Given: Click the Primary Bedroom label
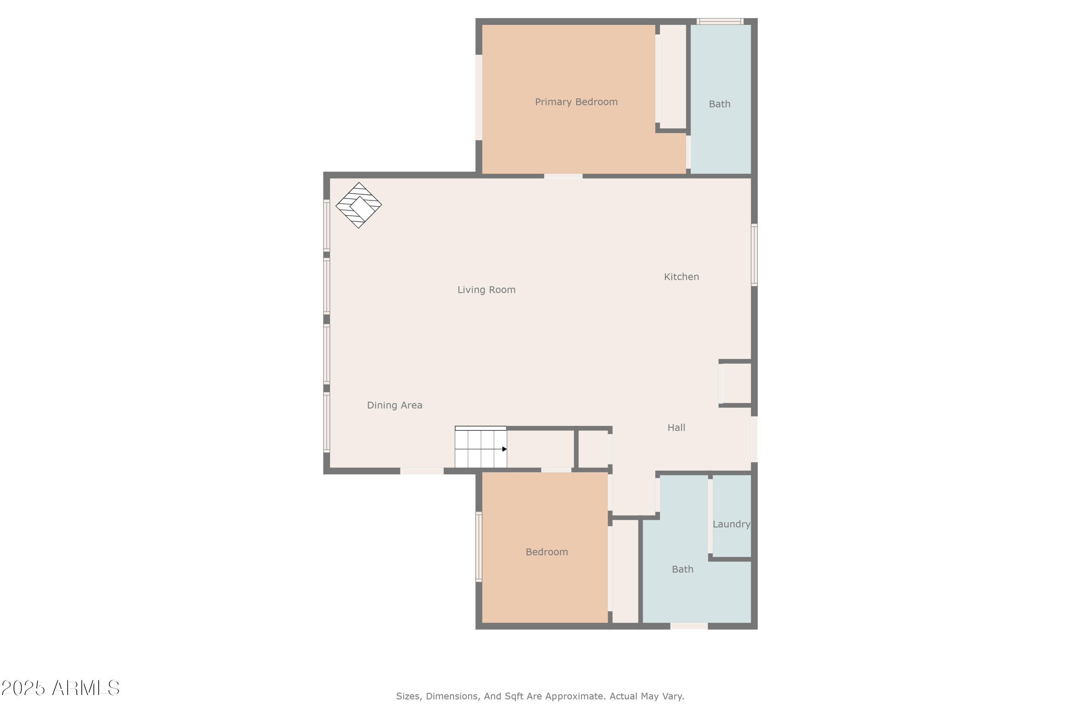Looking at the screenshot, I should pyautogui.click(x=576, y=102).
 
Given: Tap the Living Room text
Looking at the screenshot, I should pyautogui.click(x=486, y=290).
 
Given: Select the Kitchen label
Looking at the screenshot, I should pyautogui.click(x=681, y=277).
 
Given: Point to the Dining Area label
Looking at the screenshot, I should pyautogui.click(x=394, y=405).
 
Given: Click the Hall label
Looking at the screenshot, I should pyautogui.click(x=676, y=428).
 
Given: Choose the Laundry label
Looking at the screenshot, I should pyautogui.click(x=731, y=524).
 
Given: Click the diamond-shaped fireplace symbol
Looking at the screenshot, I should pyautogui.click(x=359, y=205).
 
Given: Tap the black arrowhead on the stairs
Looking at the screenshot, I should pyautogui.click(x=504, y=449).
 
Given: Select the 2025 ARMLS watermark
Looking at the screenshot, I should pyautogui.click(x=60, y=688).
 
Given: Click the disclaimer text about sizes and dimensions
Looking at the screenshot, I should pyautogui.click(x=540, y=696).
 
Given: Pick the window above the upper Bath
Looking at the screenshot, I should pyautogui.click(x=720, y=21).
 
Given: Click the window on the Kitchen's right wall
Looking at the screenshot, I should pyautogui.click(x=754, y=255).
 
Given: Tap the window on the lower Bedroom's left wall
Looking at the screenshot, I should pyautogui.click(x=479, y=547).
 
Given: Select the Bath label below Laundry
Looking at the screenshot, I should pyautogui.click(x=682, y=569).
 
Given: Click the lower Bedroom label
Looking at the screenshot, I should pyautogui.click(x=547, y=552).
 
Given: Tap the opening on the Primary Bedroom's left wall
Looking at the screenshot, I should pyautogui.click(x=479, y=97).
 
